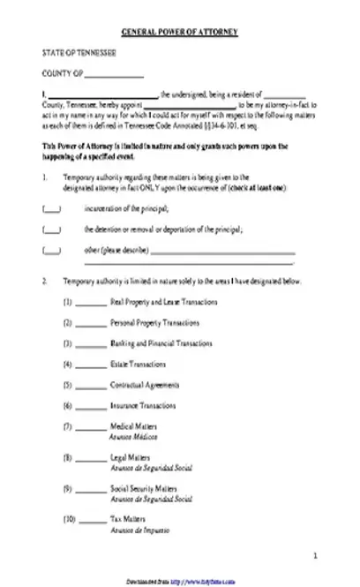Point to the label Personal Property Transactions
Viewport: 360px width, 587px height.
(x=148, y=322)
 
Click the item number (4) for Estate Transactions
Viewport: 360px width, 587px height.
(x=67, y=364)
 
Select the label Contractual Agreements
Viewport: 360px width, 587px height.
(x=139, y=385)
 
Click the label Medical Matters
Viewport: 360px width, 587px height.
(x=128, y=426)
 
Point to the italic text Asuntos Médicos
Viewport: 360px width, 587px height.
(x=132, y=436)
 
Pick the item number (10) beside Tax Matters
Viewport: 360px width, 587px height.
(x=68, y=518)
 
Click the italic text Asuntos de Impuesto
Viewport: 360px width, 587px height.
(x=138, y=528)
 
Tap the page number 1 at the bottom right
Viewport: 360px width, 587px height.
(x=315, y=555)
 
